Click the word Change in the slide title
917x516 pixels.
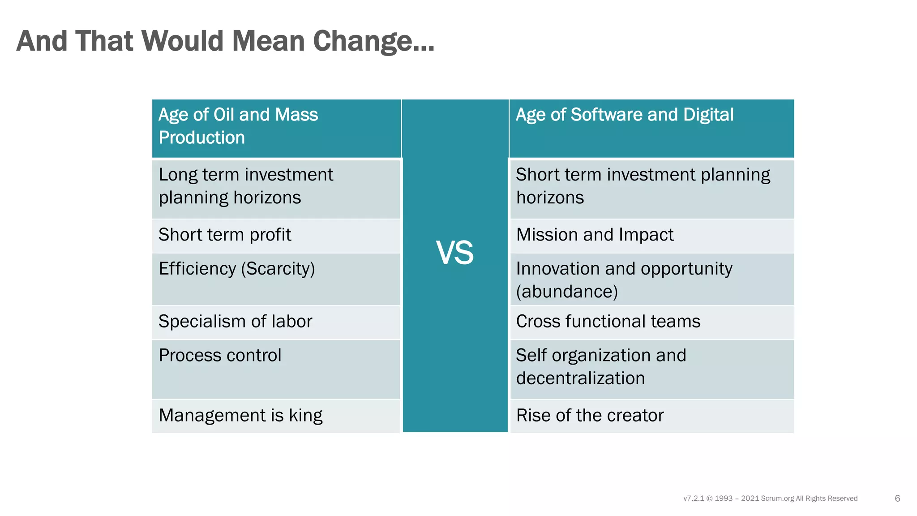pos(373,41)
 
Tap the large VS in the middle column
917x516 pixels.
pos(454,253)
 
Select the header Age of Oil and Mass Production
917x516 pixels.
pos(238,126)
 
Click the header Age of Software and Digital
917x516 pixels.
pos(624,115)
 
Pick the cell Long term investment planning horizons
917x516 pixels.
pos(246,186)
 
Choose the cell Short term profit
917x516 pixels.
pos(225,235)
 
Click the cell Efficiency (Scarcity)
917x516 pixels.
pos(237,269)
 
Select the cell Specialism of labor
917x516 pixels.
pos(235,322)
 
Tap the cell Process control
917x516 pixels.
pos(220,356)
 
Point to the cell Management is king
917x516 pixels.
pos(240,416)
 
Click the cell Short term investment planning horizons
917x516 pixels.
pos(643,186)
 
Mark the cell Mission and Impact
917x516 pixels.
pos(595,235)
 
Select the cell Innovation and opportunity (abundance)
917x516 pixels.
pos(624,280)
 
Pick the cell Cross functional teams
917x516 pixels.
pos(608,322)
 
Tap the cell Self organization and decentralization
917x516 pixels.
pos(601,367)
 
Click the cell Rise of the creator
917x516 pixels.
pos(590,416)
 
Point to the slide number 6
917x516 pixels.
pos(897,498)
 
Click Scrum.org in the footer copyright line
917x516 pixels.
pos(777,499)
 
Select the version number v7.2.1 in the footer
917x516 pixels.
pos(694,499)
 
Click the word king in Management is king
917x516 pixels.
pos(305,416)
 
